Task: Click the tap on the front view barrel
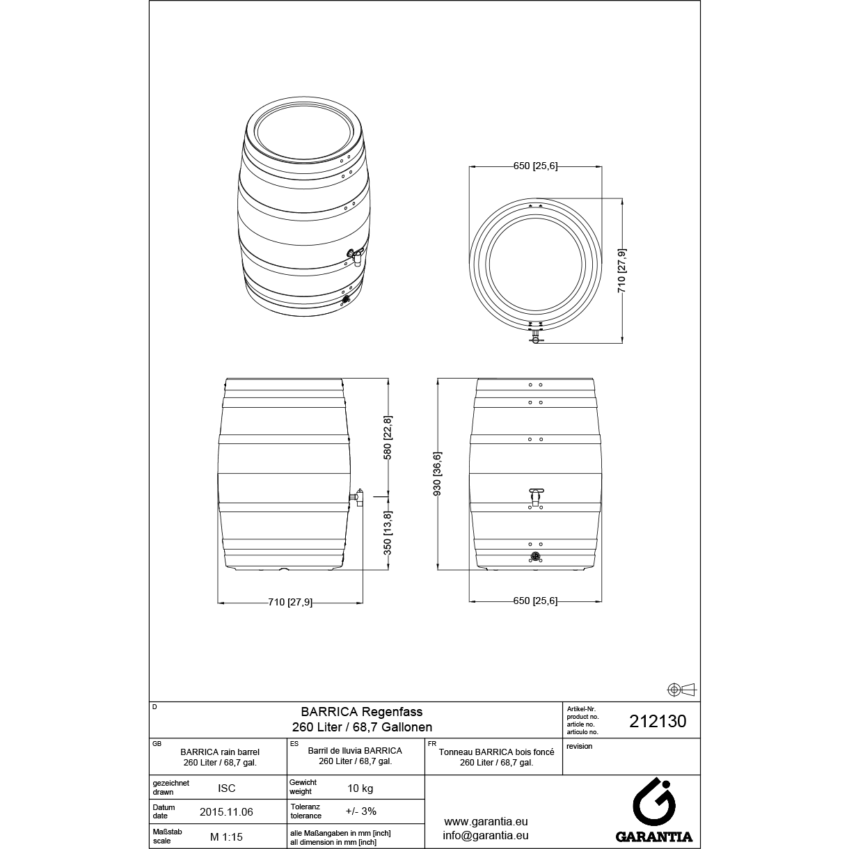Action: click(536, 497)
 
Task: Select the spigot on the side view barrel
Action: click(357, 497)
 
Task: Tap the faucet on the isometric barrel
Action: click(355, 256)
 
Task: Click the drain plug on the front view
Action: click(535, 557)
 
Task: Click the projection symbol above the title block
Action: click(681, 690)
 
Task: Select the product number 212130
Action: click(658, 721)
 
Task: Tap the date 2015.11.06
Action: click(226, 812)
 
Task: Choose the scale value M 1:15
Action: click(226, 836)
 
